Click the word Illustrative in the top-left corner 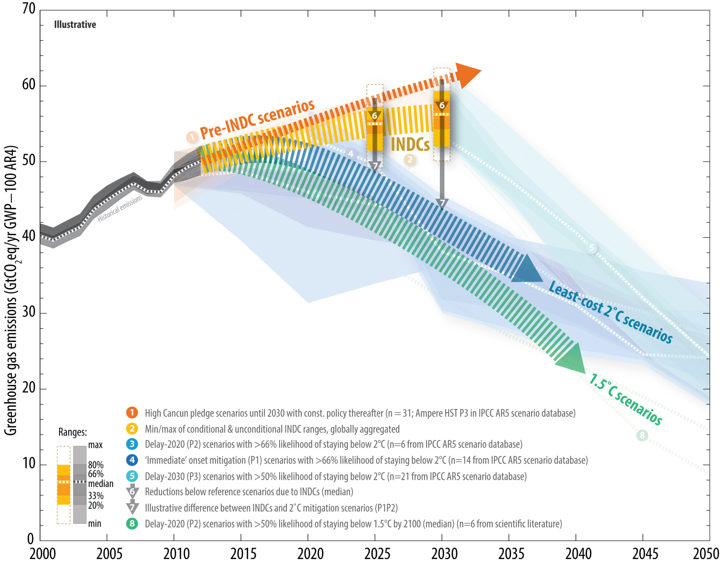pos(75,25)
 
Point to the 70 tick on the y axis pos(29,9)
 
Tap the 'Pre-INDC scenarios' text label pos(257,119)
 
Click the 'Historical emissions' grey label pos(120,208)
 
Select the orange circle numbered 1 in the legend pos(132,413)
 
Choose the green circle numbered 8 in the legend pos(132,524)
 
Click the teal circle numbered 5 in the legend pos(132,476)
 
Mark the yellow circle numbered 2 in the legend pos(132,429)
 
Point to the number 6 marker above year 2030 pos(442,106)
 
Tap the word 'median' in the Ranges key pos(101,484)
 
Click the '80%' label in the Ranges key pos(96,465)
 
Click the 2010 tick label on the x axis pos(177,553)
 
